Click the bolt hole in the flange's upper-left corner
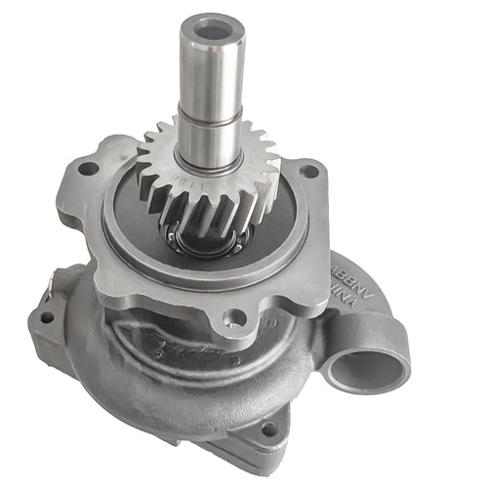click(x=89, y=168)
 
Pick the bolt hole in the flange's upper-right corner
click(x=310, y=171)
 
